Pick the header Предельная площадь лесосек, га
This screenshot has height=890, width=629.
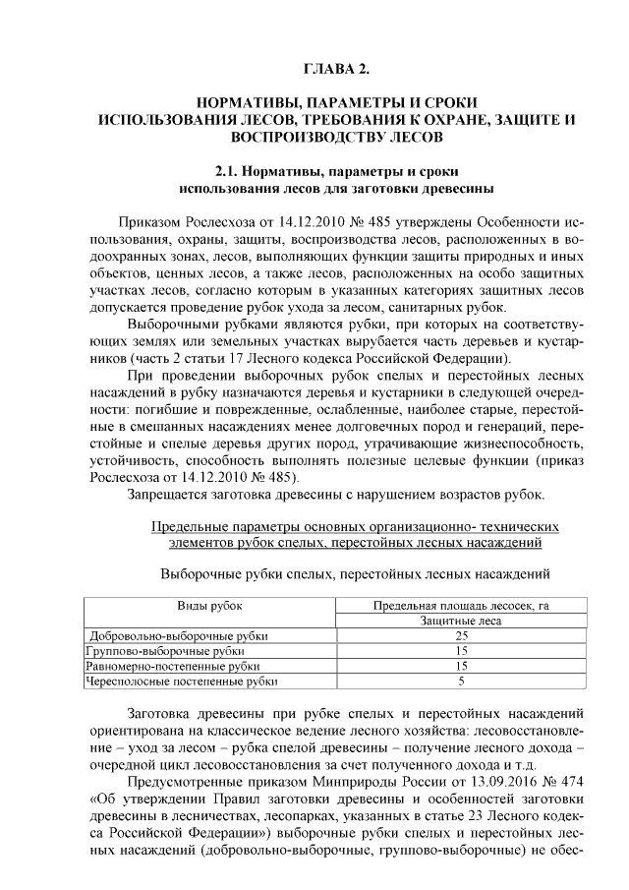[x=460, y=605]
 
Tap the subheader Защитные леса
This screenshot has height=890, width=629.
[x=460, y=621]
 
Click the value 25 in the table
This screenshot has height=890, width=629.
[x=460, y=635]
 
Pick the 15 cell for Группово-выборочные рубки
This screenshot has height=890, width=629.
[x=460, y=650]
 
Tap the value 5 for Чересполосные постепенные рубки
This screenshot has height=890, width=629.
[x=460, y=681]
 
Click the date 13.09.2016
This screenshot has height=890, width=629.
[x=505, y=769]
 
